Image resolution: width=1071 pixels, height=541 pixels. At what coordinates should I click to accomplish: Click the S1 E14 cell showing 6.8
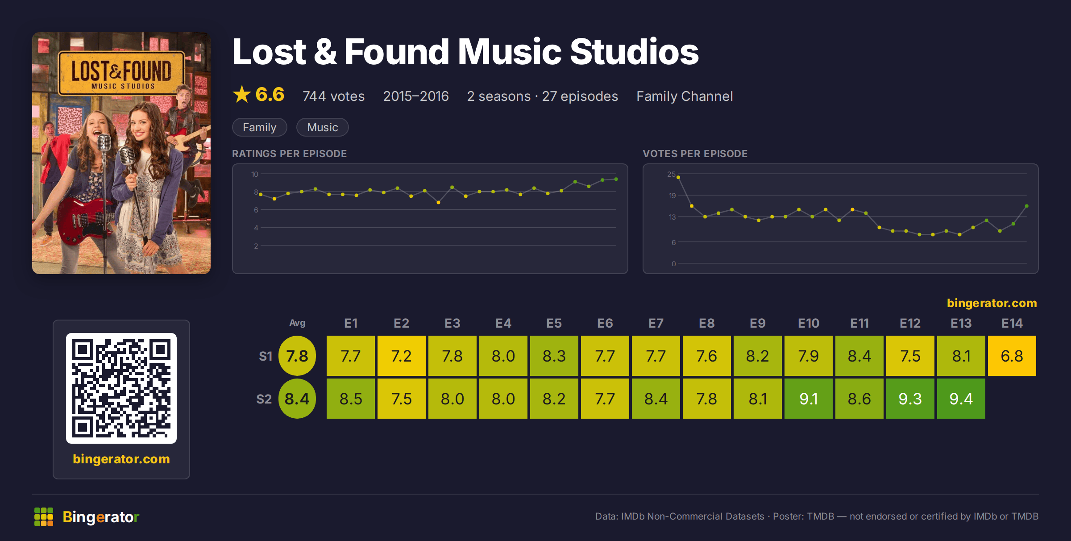pos(1012,356)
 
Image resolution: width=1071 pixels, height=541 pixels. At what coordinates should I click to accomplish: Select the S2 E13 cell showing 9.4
pos(961,399)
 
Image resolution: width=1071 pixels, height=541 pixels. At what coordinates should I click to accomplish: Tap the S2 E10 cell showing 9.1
pos(808,399)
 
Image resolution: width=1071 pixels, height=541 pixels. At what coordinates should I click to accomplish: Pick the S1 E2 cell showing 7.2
pos(401,356)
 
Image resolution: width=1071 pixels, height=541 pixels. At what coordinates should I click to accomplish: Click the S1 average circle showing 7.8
pos(297,356)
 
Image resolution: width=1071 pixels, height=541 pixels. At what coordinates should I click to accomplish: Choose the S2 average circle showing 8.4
pos(297,399)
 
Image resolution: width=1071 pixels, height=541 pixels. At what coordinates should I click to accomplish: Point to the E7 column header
pos(656,323)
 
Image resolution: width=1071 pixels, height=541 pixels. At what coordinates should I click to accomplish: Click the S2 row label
pos(264,399)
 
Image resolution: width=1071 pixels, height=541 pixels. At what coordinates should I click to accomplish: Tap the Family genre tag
pos(260,127)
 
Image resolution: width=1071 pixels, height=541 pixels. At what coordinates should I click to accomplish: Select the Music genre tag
pos(323,127)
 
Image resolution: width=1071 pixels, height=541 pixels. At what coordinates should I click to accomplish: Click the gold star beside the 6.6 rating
pos(242,94)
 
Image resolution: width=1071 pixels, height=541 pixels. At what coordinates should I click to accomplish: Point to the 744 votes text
pos(334,96)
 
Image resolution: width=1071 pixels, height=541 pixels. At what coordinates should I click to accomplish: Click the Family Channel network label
pos(685,96)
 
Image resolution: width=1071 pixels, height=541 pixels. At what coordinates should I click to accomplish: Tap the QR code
pos(121,388)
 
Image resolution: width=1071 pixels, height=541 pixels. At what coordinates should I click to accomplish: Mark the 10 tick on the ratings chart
pos(255,174)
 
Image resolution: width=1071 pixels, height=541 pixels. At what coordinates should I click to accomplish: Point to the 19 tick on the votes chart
pos(672,196)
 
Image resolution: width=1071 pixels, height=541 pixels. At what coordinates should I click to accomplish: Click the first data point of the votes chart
pos(678,177)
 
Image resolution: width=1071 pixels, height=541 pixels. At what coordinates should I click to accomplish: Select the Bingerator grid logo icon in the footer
pos(44,517)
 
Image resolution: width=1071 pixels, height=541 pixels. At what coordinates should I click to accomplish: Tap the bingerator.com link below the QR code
pos(121,459)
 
